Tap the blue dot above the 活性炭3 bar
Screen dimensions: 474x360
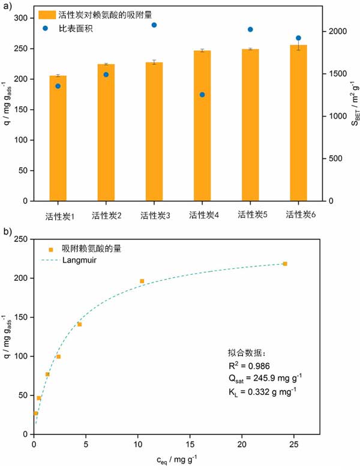(154, 25)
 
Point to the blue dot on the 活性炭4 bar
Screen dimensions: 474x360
(202, 95)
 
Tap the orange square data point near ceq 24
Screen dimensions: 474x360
(285, 264)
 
